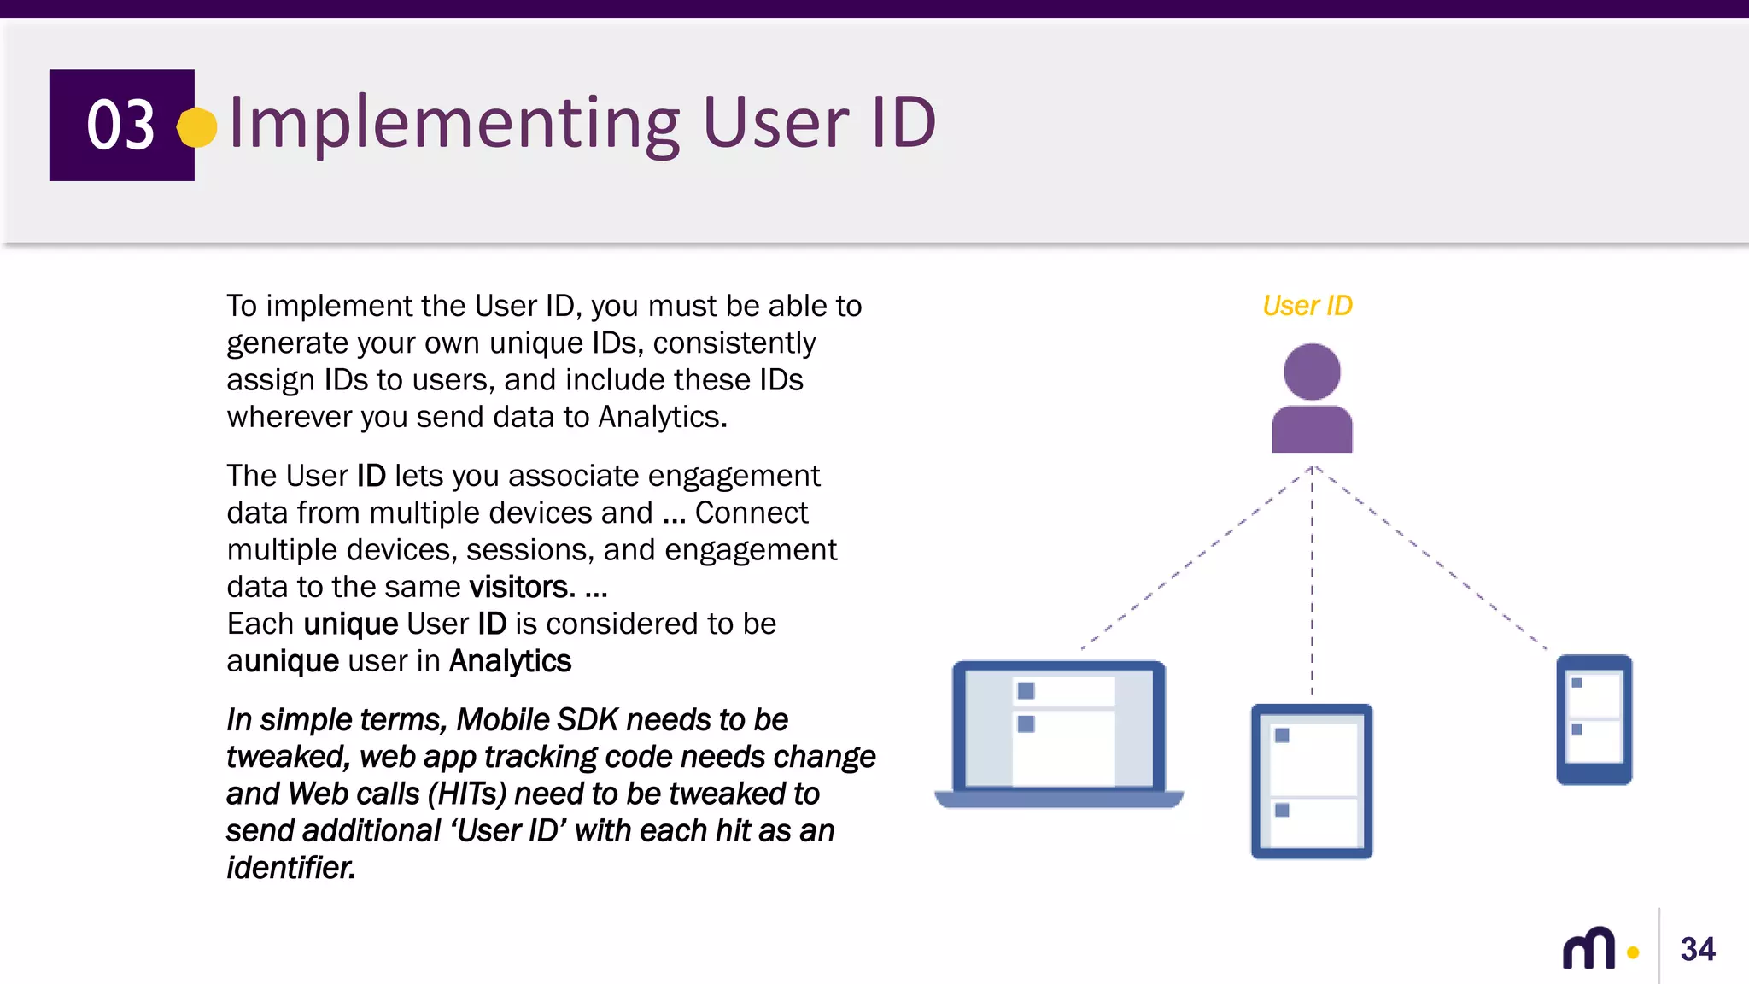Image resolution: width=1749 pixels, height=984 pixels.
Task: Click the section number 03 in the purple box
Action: pos(120,125)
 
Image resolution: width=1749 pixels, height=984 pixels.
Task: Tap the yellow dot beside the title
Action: pos(197,127)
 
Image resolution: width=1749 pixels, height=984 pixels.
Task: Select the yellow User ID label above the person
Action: pos(1307,306)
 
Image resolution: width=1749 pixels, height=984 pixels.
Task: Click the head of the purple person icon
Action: pos(1312,372)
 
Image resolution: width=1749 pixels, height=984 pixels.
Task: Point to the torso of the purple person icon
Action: pos(1312,430)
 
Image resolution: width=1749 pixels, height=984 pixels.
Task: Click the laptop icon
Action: pos(1059,733)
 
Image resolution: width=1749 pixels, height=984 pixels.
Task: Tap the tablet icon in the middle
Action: pos(1312,781)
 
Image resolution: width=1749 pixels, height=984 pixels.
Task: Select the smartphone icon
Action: pos(1594,719)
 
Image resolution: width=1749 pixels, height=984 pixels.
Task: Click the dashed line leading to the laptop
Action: pos(1196,559)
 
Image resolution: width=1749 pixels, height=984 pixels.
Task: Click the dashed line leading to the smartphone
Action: pos(1430,559)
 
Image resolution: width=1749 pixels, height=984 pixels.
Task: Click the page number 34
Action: pos(1698,949)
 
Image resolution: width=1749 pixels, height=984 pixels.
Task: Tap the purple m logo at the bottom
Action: pos(1588,948)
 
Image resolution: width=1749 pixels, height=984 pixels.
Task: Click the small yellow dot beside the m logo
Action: pos(1633,952)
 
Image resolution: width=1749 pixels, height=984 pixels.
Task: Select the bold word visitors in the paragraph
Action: pos(518,587)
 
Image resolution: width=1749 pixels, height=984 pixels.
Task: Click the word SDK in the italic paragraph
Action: pos(587,720)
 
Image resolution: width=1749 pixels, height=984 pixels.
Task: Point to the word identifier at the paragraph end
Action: pos(290,868)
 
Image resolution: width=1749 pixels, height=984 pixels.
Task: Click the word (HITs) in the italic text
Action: pos(467,794)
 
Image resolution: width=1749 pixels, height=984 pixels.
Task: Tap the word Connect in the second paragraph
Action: pos(751,512)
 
